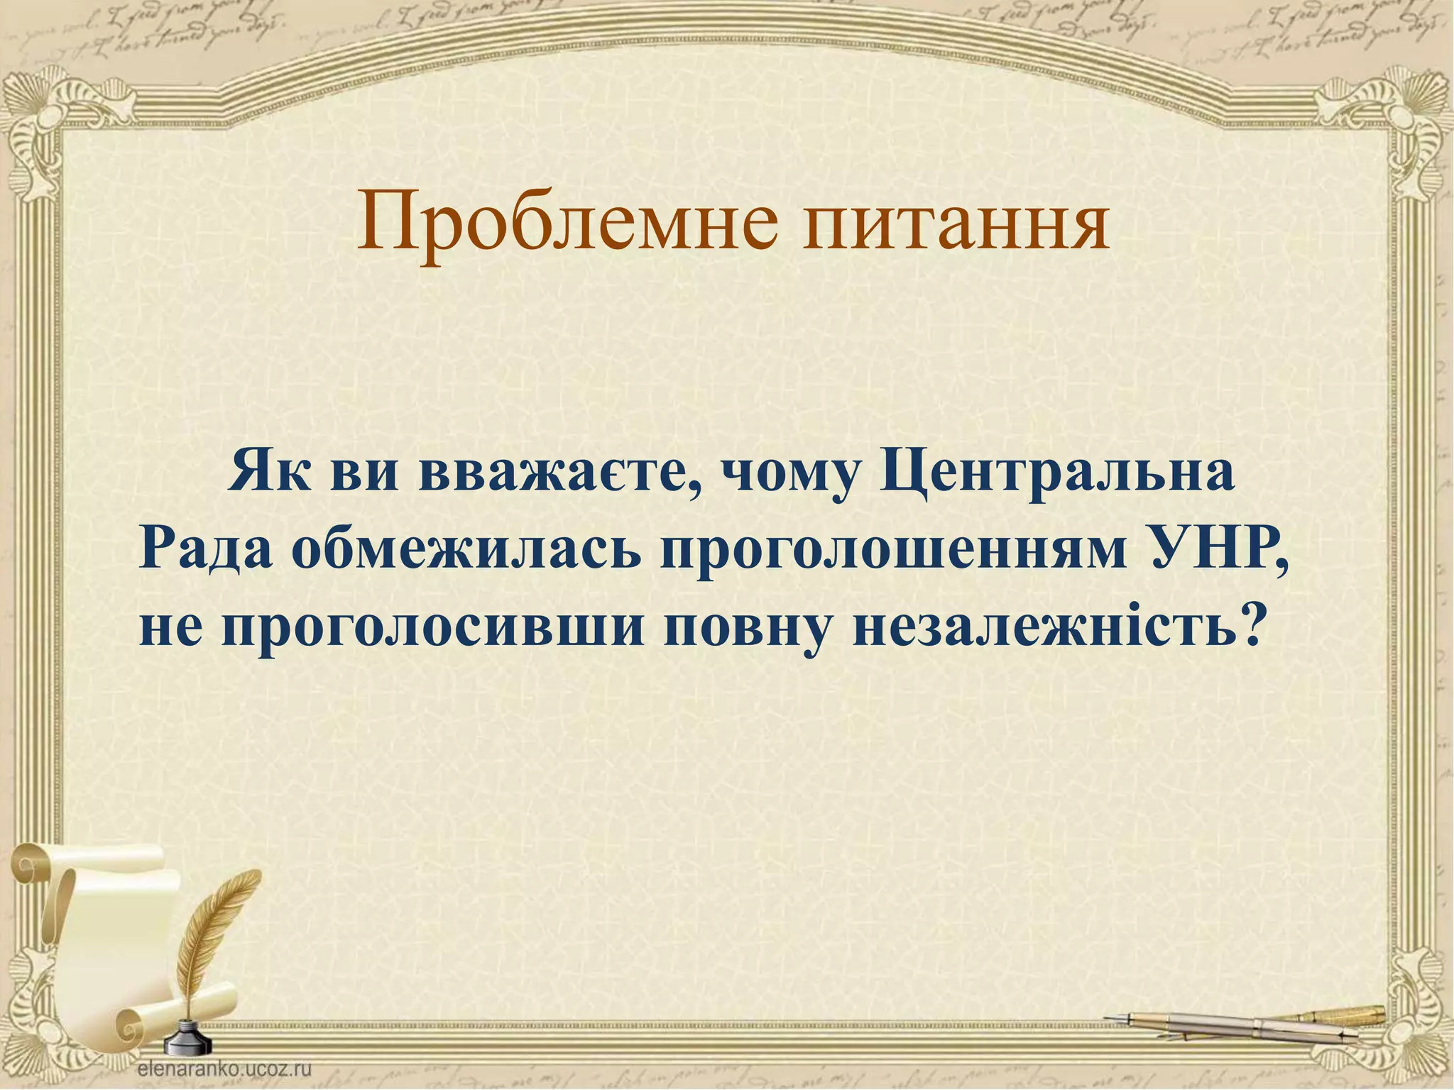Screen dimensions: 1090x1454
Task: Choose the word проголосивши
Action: tap(434, 629)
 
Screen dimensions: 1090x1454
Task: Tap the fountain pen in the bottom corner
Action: tap(1250, 1023)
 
